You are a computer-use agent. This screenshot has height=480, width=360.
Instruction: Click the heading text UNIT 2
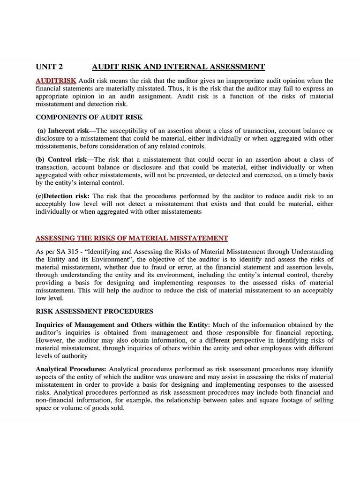click(49, 67)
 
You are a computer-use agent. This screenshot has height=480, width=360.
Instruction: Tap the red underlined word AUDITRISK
click(56, 81)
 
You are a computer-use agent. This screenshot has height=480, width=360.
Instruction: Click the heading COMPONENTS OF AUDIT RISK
click(89, 117)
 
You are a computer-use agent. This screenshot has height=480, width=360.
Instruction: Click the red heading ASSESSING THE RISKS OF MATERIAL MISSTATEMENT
click(132, 238)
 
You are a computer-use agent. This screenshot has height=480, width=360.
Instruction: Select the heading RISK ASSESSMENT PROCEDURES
click(94, 311)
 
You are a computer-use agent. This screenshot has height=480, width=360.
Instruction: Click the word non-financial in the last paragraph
click(55, 400)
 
